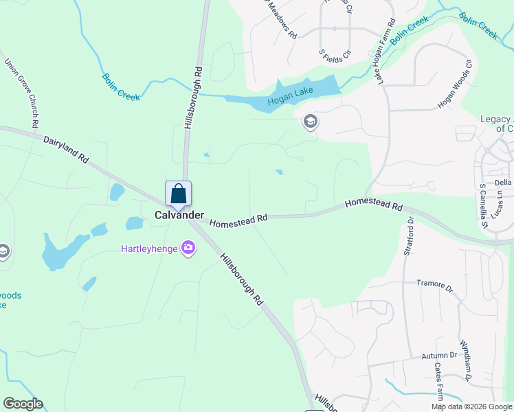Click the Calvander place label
(x=179, y=215)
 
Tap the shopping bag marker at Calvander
(x=178, y=194)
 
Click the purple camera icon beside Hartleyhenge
(x=188, y=248)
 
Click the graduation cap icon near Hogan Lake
(x=310, y=122)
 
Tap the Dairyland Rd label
(x=67, y=148)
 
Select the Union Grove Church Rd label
(x=22, y=93)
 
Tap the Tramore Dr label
(x=435, y=285)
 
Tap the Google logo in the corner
(x=23, y=404)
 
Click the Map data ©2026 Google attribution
(x=471, y=407)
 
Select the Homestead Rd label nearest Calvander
(x=238, y=221)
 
